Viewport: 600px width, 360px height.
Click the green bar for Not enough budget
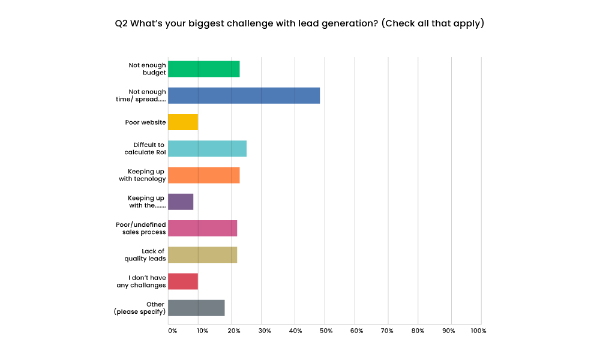pos(203,69)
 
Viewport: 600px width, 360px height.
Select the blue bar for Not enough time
pos(244,95)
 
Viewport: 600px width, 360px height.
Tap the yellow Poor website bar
pos(183,122)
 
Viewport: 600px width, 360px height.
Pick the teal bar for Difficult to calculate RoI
pos(207,148)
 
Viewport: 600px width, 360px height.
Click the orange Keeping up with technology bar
pos(203,175)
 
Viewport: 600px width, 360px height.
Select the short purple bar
pos(181,202)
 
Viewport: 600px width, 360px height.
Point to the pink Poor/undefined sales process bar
pos(202,228)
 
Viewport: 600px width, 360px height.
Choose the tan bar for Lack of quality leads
pos(202,254)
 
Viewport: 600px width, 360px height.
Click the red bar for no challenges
pos(183,281)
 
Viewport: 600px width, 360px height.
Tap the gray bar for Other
pos(196,308)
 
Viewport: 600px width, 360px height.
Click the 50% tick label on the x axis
pos(326,331)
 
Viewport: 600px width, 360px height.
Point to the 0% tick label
pos(172,331)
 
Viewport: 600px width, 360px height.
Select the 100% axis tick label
pos(478,331)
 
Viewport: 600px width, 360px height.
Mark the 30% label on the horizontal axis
pos(265,331)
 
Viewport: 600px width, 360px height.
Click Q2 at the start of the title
pos(121,24)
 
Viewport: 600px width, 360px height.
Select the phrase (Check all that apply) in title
pos(433,24)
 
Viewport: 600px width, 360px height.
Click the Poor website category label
pos(145,122)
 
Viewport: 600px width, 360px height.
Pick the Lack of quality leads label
pos(145,255)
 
